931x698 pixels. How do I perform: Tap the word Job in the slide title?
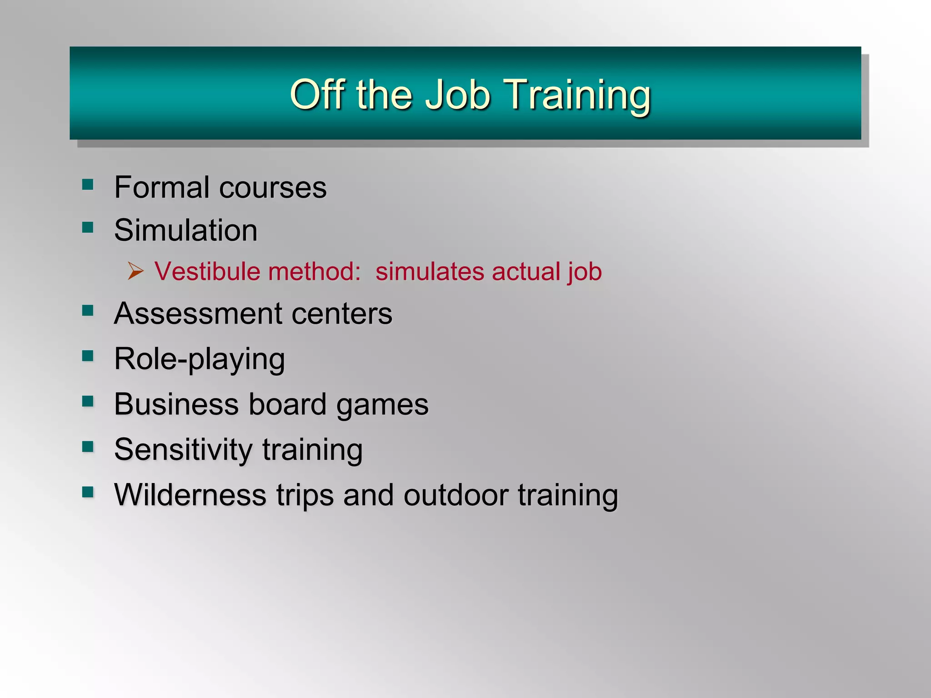(457, 95)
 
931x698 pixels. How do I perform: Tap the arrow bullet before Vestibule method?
(135, 271)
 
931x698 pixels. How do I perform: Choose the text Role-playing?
(200, 359)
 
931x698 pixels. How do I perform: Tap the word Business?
(176, 404)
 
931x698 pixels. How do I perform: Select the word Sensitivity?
(183, 450)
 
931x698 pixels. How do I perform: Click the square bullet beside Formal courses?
(88, 184)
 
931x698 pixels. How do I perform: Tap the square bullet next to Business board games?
(88, 401)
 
